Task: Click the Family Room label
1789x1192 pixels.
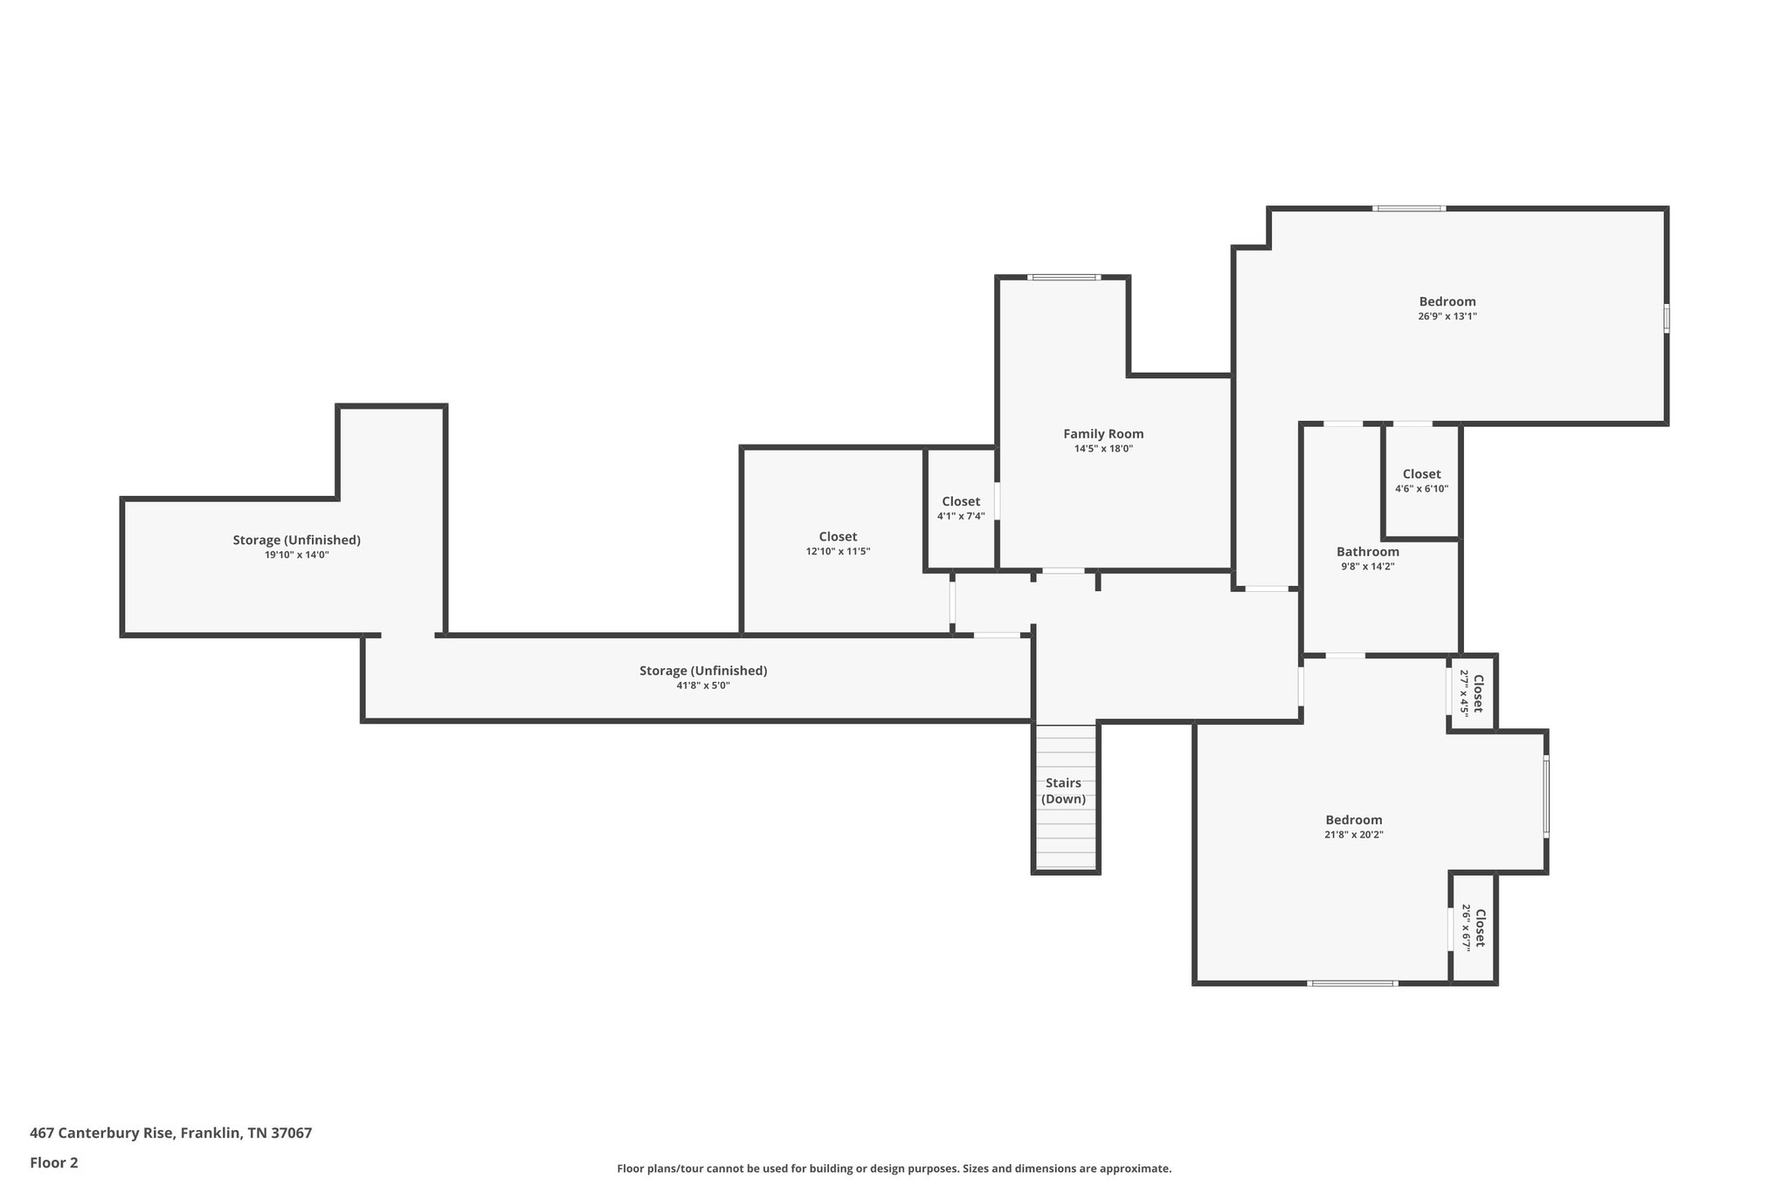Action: pyautogui.click(x=1102, y=434)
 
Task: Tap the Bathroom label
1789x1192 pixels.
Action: pyautogui.click(x=1367, y=552)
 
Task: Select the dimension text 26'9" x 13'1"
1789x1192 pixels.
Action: pyautogui.click(x=1447, y=317)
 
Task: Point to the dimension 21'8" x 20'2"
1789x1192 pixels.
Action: pyautogui.click(x=1353, y=835)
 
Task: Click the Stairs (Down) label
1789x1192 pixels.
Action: pyautogui.click(x=1063, y=791)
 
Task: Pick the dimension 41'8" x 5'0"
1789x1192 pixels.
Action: pyautogui.click(x=702, y=686)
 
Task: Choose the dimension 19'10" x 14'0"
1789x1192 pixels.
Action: pyautogui.click(x=296, y=555)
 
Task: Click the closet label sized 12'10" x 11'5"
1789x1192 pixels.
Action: pyautogui.click(x=838, y=537)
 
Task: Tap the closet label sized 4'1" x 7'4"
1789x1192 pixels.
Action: pyautogui.click(x=960, y=502)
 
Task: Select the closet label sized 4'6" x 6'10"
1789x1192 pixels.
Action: pyautogui.click(x=1421, y=474)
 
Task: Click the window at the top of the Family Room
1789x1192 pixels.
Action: pyautogui.click(x=1063, y=278)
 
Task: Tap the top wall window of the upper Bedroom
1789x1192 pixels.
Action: pyautogui.click(x=1408, y=209)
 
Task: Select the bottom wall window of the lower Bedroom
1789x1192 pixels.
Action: pyautogui.click(x=1351, y=983)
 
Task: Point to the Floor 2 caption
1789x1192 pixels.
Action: pyautogui.click(x=53, y=1163)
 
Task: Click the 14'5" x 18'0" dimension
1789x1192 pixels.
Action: pyautogui.click(x=1102, y=449)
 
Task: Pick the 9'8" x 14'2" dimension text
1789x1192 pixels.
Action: pyautogui.click(x=1367, y=567)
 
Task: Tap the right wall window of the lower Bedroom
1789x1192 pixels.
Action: pyautogui.click(x=1545, y=798)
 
